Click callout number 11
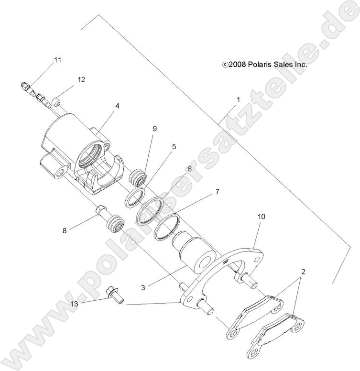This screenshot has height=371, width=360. pyautogui.click(x=58, y=60)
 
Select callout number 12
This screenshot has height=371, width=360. pyautogui.click(x=81, y=80)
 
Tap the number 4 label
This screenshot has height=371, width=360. pyautogui.click(x=116, y=106)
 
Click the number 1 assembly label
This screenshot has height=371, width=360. pyautogui.click(x=238, y=100)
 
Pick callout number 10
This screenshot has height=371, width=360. pyautogui.click(x=261, y=217)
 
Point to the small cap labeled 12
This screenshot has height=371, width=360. pyautogui.click(x=56, y=101)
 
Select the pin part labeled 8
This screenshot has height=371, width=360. pyautogui.click(x=101, y=211)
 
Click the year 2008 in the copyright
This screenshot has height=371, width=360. pyautogui.click(x=238, y=64)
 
